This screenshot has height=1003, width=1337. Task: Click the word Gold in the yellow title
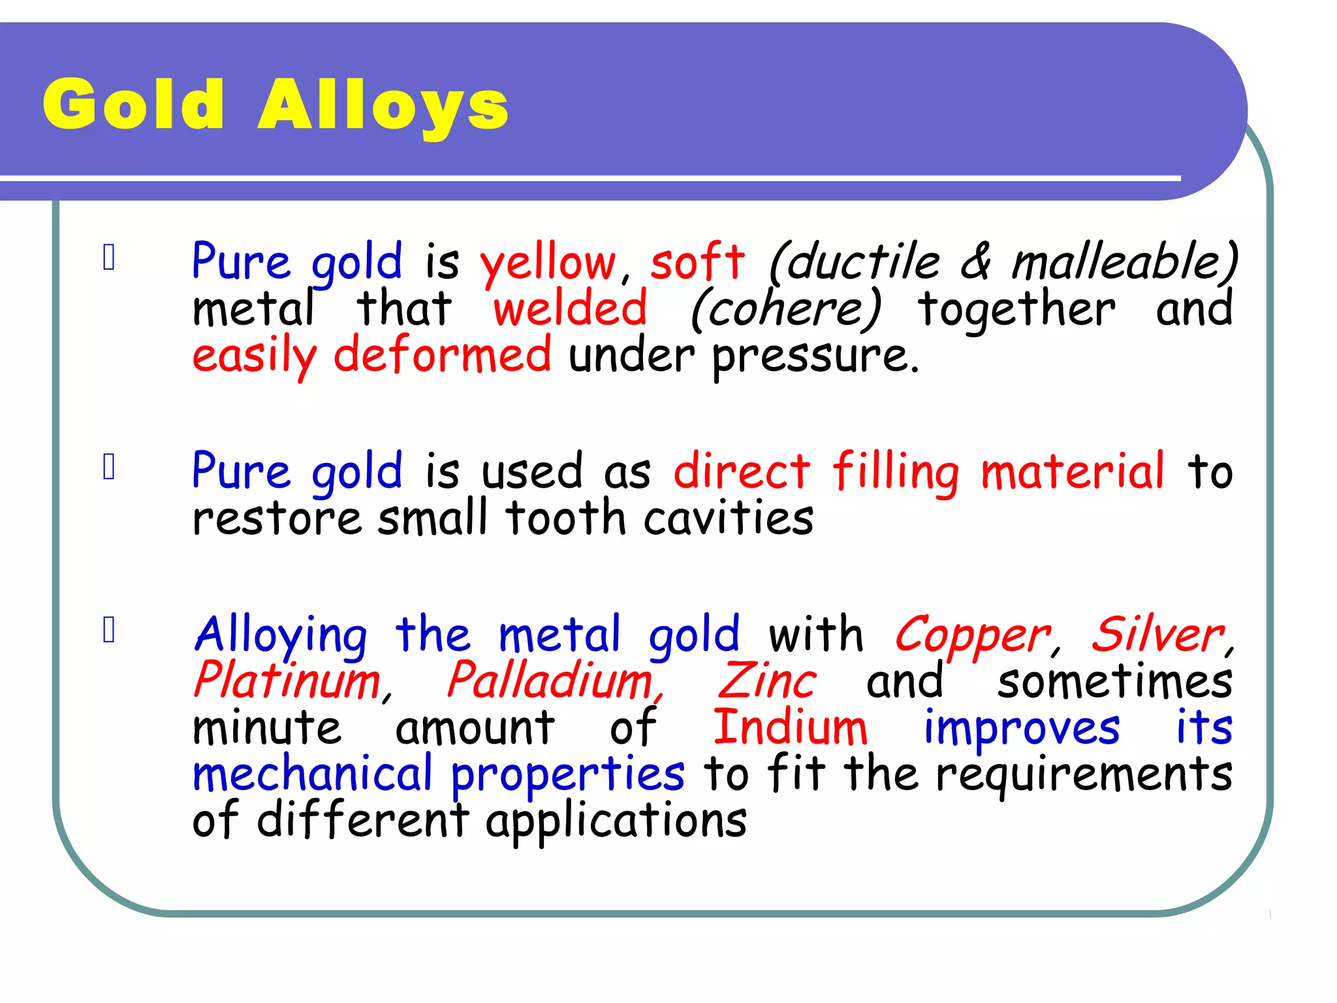pos(134,104)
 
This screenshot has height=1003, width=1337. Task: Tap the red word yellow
pos(548,263)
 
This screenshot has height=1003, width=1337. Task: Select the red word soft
pos(697,261)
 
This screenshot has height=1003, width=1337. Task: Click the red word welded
pos(570,308)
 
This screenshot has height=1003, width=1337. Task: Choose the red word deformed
pos(442,355)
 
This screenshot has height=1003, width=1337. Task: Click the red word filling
pos(896,471)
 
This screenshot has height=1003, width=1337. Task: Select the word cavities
pos(729,518)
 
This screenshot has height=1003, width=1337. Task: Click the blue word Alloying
pos(281,635)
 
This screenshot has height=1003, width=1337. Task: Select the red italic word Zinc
pos(767,681)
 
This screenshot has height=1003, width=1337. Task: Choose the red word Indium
pos(790,727)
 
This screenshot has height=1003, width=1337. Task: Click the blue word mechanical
pos(312,774)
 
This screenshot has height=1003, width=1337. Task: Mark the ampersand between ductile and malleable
pos(975,261)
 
